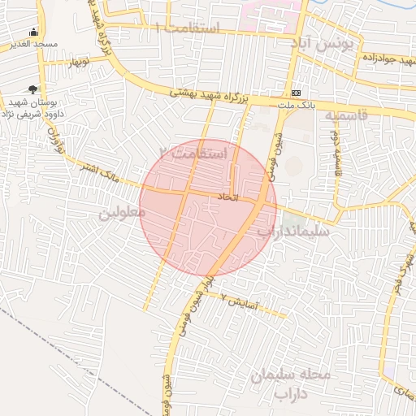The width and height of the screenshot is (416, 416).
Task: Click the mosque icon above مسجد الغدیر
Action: pos(32,33)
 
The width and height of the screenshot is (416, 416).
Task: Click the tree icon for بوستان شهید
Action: pos(32,89)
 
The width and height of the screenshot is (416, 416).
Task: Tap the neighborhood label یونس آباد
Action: pos(326,43)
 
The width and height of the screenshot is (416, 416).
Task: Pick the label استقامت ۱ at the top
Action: pos(188,28)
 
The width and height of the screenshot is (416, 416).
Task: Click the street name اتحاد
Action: pos(227,197)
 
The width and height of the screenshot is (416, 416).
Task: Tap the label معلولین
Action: pos(122,213)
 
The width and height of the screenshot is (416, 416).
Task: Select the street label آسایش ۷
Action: pos(240,303)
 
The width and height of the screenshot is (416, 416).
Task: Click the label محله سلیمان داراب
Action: pos(291,384)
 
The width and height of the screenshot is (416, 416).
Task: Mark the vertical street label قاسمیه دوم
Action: pos(334,154)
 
